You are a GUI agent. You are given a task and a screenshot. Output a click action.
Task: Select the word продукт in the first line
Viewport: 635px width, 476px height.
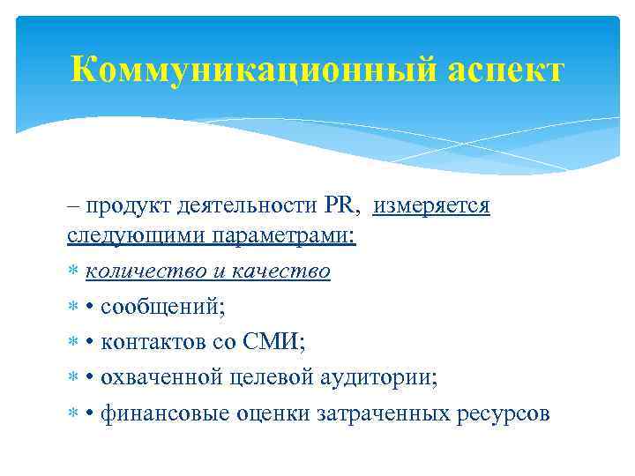coord(126,206)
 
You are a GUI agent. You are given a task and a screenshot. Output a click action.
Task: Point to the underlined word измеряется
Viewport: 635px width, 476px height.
coord(431,206)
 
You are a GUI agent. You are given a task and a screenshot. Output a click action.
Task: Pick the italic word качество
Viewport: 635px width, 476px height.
coord(286,272)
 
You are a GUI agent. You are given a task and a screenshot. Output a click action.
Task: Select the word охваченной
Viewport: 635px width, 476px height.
coord(161,378)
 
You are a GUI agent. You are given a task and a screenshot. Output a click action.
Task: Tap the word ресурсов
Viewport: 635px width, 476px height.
coord(505,413)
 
